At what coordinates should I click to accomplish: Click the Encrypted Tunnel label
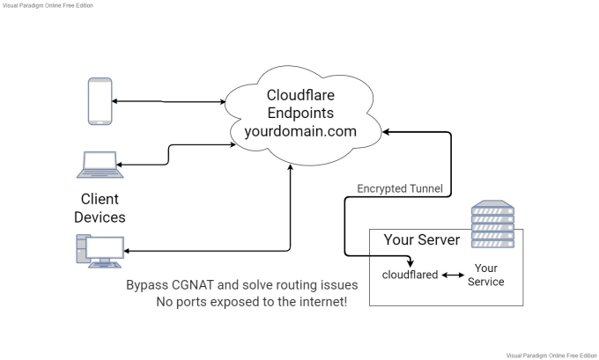tap(399, 188)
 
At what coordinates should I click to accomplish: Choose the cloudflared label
tap(410, 275)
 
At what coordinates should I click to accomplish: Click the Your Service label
tap(486, 275)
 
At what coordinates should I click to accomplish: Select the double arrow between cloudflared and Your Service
tap(453, 275)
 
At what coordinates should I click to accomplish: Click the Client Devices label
tap(100, 208)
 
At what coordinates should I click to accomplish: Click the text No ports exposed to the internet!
tap(251, 303)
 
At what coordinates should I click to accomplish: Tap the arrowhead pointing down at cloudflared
tap(410, 261)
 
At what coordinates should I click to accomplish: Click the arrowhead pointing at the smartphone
tap(116, 100)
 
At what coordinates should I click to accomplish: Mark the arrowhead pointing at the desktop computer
tap(129, 253)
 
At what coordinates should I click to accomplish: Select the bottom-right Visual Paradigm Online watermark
tap(552, 354)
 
